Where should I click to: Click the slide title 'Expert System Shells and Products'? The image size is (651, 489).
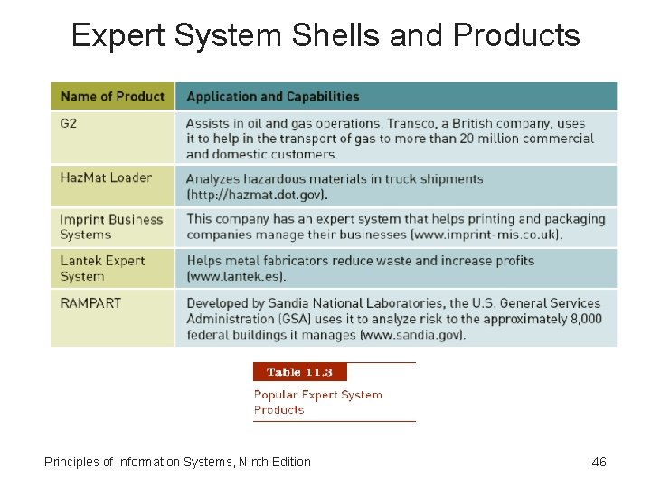coord(325,35)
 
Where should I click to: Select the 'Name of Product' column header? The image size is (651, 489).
coord(112,96)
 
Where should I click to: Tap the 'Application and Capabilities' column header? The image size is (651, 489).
coord(272,96)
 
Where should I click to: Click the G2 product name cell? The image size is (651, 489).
coord(69,123)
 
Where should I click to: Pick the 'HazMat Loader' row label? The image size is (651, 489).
coord(106,177)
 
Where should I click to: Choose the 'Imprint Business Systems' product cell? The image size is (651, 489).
coord(110,226)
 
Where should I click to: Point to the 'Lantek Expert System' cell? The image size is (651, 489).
coord(101,268)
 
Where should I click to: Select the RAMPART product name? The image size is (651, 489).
coord(90,303)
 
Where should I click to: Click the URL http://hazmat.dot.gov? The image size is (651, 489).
coord(257,195)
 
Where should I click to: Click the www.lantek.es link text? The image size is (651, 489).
coord(235,276)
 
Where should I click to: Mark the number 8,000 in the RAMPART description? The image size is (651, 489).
coord(586,319)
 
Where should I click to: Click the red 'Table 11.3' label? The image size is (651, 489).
coord(299,372)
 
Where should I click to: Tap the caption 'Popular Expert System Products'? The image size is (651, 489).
coord(317,402)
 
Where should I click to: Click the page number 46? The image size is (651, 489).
coord(599,462)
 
